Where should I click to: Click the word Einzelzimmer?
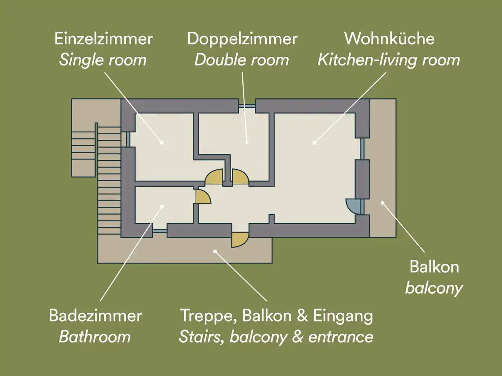[104, 39]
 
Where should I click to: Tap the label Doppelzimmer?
[242, 39]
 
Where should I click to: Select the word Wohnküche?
[389, 39]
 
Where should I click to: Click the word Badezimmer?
[95, 316]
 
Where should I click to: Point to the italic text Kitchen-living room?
[389, 60]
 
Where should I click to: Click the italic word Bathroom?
[95, 337]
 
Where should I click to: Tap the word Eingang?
[343, 316]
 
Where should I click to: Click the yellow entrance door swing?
[240, 240]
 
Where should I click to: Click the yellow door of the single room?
[214, 177]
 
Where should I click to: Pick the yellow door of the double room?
[240, 177]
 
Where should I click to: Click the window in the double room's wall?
[247, 106]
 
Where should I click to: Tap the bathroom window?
[160, 231]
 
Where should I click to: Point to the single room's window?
[128, 139]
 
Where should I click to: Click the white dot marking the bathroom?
[162, 207]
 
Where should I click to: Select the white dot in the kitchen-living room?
[315, 143]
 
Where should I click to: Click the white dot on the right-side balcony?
[382, 202]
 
